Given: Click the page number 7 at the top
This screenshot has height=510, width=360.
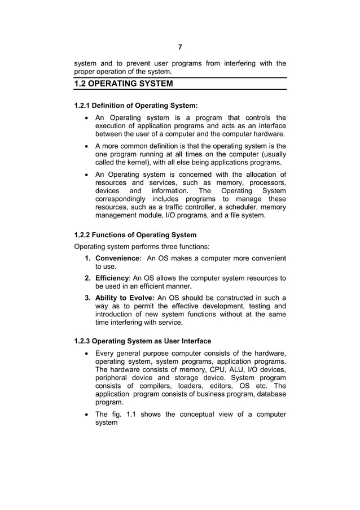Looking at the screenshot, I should (x=180, y=47).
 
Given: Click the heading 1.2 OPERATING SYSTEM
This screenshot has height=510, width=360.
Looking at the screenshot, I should (x=124, y=84).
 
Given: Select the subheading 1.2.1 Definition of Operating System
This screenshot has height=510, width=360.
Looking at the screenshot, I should (x=136, y=106).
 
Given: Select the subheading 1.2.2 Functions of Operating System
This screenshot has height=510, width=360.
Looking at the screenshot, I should (x=135, y=235).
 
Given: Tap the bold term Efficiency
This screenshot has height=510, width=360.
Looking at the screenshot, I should (x=112, y=278).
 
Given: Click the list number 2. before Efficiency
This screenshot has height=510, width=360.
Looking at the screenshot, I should (x=88, y=278).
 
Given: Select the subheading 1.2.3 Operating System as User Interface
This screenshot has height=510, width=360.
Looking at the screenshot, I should (x=143, y=341).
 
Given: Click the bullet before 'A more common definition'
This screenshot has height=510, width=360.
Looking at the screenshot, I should (x=85, y=146).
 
